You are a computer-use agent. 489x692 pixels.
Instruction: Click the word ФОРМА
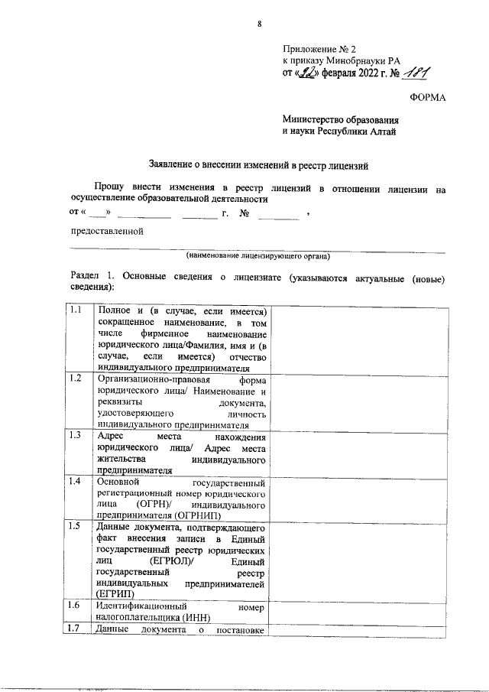point(429,98)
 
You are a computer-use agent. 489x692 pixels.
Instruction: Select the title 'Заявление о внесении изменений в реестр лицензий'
point(258,164)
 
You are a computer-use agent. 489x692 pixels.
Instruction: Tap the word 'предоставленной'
point(106,232)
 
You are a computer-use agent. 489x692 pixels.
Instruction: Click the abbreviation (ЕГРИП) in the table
point(115,594)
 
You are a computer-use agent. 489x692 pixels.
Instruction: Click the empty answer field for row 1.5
point(356,560)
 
